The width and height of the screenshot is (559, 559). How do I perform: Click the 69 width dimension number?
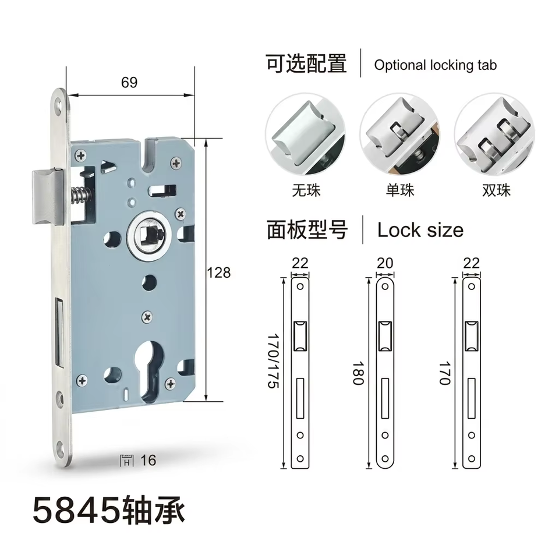point(129,82)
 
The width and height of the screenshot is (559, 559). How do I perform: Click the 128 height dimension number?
point(218,273)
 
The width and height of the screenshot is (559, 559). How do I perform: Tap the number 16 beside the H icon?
point(148,460)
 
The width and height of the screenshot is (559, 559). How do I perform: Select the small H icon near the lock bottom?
point(126,461)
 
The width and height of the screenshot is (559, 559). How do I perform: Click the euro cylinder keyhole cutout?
point(150,371)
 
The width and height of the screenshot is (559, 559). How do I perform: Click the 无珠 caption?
point(306,190)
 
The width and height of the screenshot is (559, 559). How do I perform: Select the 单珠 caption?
point(400,190)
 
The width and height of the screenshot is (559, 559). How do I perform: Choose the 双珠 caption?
point(496,190)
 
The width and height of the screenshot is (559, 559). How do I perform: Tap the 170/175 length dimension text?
point(274,361)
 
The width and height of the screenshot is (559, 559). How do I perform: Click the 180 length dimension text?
point(358,373)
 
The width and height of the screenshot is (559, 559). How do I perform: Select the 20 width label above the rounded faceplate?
point(385,263)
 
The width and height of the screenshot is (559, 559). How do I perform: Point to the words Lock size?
point(420,230)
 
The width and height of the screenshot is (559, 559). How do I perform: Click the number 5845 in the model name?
point(77,511)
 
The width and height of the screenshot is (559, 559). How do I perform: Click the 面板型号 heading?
point(307,230)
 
